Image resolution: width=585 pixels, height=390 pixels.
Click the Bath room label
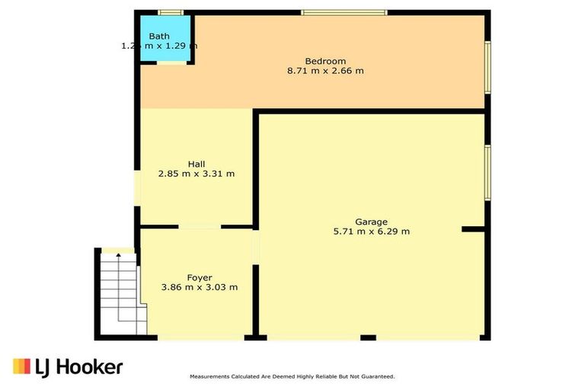[x=159, y=36]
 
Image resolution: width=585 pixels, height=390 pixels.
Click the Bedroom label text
[x=325, y=61]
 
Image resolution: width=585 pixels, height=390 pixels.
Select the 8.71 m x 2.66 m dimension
[x=325, y=71]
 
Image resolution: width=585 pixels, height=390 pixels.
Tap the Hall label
[x=196, y=164]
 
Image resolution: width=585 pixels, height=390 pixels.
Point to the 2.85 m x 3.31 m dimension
[x=196, y=174]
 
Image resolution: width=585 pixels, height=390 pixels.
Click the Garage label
[x=371, y=222]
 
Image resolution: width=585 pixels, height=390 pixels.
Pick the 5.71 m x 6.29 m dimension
[x=371, y=232]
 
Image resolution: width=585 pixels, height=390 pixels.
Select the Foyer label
[x=200, y=277]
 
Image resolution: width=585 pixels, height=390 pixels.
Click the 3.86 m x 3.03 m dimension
[x=200, y=287]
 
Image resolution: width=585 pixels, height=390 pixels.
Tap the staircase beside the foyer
[x=120, y=293]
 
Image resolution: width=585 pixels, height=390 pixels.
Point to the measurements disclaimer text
[x=292, y=377]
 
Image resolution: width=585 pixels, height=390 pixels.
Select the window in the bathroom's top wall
[x=171, y=12]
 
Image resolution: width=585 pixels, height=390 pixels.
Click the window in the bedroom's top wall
[x=344, y=12]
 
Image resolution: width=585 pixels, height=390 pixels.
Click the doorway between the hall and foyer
[x=200, y=226]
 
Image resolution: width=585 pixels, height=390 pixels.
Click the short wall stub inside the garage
[x=474, y=229]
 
